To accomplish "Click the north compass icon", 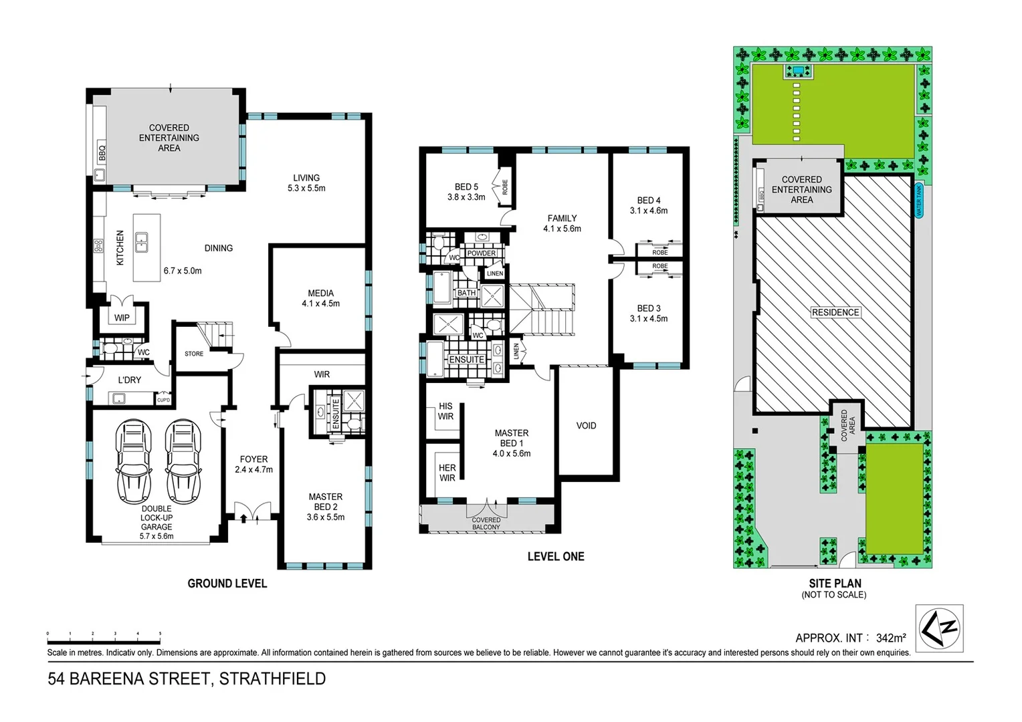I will pyautogui.click(x=939, y=628).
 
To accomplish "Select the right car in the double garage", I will pyautogui.click(x=181, y=462).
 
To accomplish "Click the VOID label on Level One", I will pyautogui.click(x=586, y=426).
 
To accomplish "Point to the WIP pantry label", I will pyautogui.click(x=122, y=318).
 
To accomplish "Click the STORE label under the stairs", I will pyautogui.click(x=194, y=354).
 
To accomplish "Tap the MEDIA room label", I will pyautogui.click(x=320, y=293).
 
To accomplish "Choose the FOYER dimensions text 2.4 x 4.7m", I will pyautogui.click(x=253, y=470).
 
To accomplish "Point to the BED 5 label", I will pyautogui.click(x=466, y=187).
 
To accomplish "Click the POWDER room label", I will pyautogui.click(x=482, y=253).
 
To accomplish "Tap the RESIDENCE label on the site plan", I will pyautogui.click(x=835, y=312).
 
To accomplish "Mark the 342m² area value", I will pyautogui.click(x=891, y=638).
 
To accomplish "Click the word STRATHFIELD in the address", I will pyautogui.click(x=272, y=679).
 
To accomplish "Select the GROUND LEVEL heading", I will pyautogui.click(x=227, y=584).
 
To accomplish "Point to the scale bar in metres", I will pyautogui.click(x=104, y=632).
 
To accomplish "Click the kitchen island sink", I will pyautogui.click(x=142, y=241).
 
